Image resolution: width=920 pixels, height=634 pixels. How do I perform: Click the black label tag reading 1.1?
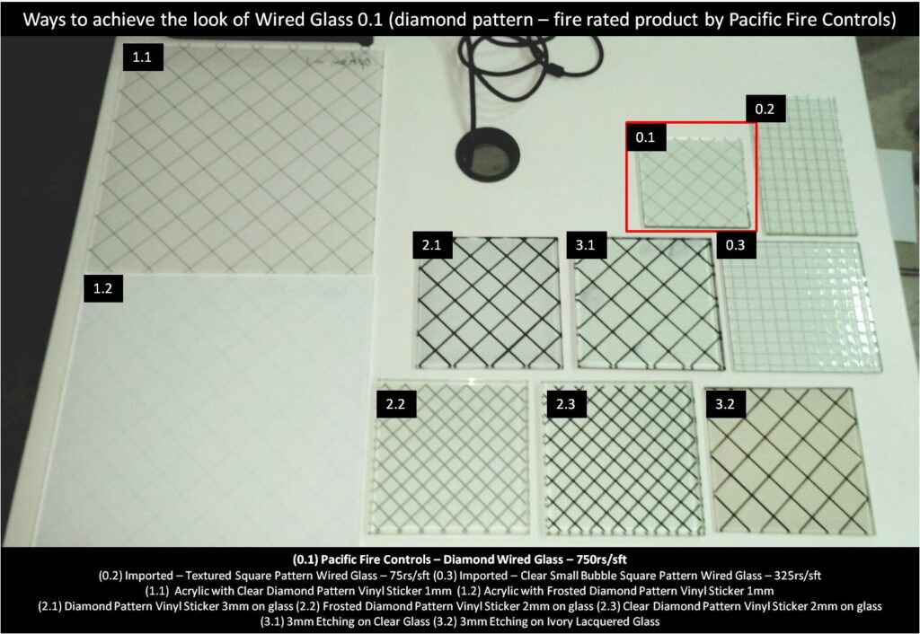(143, 57)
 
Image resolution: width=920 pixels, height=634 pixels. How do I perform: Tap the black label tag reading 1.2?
(103, 288)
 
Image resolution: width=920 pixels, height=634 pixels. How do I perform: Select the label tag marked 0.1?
(645, 137)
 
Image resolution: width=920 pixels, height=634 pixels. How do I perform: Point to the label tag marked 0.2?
(765, 109)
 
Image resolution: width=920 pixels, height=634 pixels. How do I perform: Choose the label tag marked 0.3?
(736, 244)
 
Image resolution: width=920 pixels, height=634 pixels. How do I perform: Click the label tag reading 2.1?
(432, 244)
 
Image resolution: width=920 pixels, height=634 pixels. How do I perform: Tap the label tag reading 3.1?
(586, 244)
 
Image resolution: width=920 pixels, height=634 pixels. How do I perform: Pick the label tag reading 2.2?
(396, 404)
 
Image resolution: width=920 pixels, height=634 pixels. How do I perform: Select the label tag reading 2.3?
(566, 404)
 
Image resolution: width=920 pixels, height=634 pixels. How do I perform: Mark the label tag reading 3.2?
(725, 404)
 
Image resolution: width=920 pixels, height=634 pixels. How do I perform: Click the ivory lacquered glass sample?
(789, 461)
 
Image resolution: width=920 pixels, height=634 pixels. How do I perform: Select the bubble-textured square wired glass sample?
(801, 306)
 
